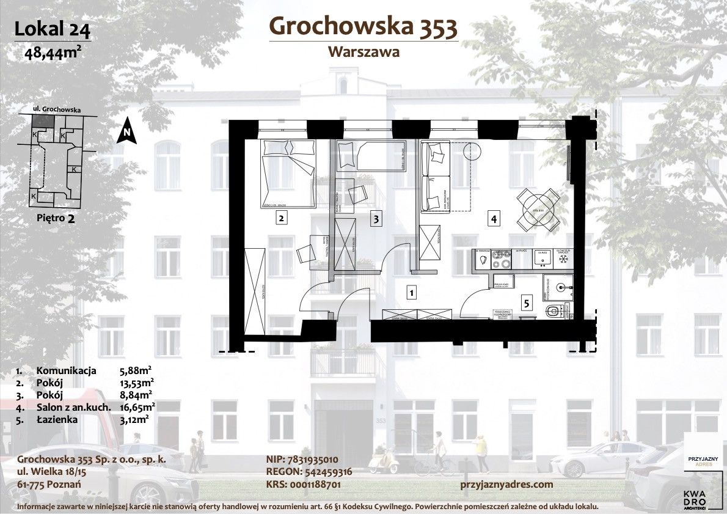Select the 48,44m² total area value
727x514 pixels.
click(53, 52)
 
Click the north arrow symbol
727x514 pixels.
click(126, 130)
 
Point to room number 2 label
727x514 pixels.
click(280, 218)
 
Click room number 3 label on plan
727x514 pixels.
click(377, 218)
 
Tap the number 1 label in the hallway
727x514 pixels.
click(412, 293)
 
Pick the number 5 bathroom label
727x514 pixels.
click(525, 301)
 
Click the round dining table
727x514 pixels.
click(538, 210)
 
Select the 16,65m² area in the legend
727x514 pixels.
click(137, 406)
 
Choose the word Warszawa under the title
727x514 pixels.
click(364, 52)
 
